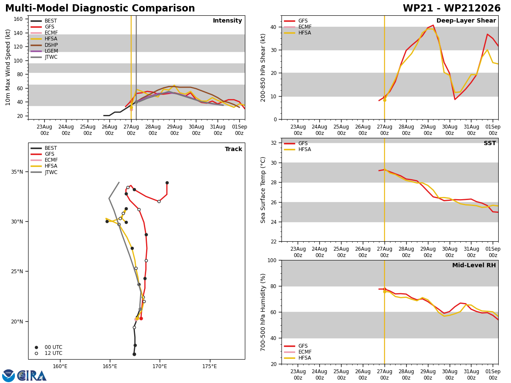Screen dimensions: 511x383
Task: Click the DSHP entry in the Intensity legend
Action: pos(44,45)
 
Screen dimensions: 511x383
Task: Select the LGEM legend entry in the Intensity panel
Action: pos(44,51)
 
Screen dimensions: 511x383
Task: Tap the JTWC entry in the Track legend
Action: pos(44,172)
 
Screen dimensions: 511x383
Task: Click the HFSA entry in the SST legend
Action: pos(298,149)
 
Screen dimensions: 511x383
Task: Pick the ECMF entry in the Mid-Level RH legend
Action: pos(298,352)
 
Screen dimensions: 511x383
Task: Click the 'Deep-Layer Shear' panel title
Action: pos(466,20)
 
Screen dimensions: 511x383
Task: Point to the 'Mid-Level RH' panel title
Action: pos(474,265)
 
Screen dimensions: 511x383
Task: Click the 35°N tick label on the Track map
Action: pos(17,172)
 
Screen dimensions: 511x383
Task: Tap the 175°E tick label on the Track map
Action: pos(210,366)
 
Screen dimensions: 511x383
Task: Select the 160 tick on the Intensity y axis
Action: pos(18,19)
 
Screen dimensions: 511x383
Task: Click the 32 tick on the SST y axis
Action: pos(274,143)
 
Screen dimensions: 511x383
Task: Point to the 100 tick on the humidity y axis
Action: pos(272,260)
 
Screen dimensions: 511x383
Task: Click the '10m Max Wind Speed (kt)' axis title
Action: pos(8,67)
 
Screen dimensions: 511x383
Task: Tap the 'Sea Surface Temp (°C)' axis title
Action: pos(263,190)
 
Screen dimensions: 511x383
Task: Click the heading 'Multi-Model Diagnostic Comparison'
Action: pos(100,8)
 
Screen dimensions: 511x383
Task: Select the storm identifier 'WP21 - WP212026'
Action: pos(452,8)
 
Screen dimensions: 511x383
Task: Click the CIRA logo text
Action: pos(32,376)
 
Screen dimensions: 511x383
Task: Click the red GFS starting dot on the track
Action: pos(141,318)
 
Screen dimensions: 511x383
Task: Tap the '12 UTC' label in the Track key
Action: pos(54,353)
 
